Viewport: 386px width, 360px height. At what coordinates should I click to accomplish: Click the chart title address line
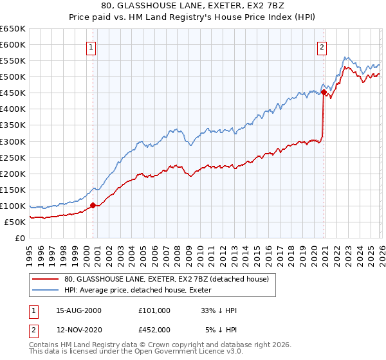192,6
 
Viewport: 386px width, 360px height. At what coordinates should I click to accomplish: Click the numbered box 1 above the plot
91,47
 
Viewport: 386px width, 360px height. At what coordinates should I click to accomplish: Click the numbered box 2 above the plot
321,47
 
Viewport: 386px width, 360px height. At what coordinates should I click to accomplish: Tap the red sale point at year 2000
93,205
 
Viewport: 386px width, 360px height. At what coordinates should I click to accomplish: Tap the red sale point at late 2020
324,92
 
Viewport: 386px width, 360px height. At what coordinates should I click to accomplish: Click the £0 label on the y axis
20,238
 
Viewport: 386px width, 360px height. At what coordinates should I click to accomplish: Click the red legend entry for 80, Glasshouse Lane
170,279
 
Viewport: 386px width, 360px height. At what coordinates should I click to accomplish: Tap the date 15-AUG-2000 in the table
78,310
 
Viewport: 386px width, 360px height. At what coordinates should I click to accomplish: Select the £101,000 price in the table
154,310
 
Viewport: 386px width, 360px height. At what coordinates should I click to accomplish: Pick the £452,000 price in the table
154,330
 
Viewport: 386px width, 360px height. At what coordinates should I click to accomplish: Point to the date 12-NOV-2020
78,330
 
